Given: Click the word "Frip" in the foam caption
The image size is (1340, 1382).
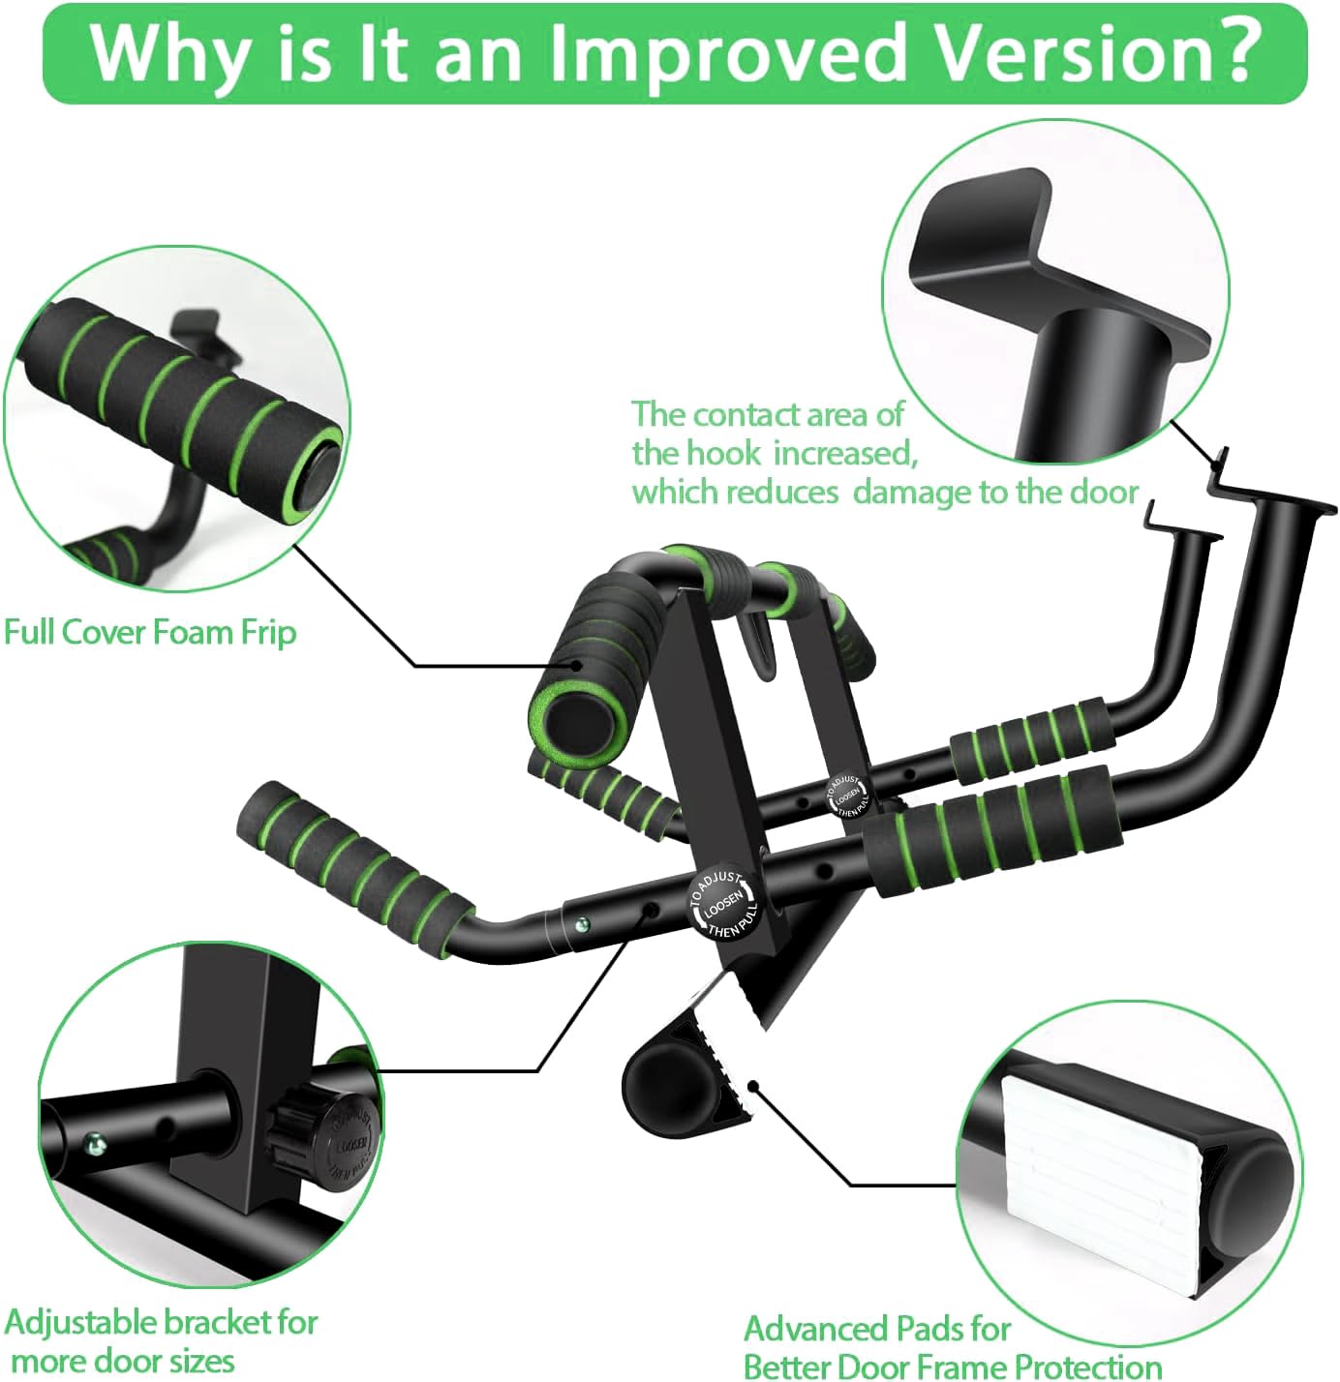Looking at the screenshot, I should (x=261, y=633).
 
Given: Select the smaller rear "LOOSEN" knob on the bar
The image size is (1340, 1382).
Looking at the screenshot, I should (x=848, y=795).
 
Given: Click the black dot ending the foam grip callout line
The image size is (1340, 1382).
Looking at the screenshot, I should (x=577, y=665).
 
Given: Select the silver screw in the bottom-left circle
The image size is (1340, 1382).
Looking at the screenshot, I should (x=93, y=1145).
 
